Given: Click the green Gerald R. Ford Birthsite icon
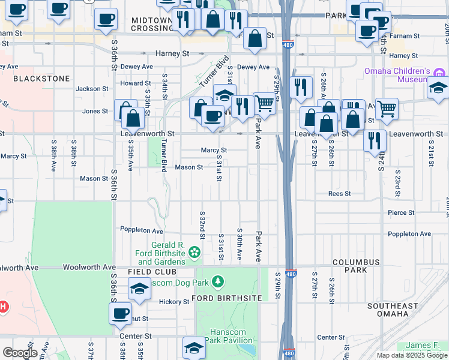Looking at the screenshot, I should [x=194, y=253].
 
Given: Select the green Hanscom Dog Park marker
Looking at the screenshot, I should [x=217, y=281].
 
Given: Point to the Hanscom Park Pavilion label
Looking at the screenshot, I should [x=231, y=336].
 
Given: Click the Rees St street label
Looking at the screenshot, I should [x=339, y=194].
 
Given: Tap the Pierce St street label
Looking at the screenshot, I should [x=401, y=212].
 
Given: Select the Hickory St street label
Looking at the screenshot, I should [x=174, y=301].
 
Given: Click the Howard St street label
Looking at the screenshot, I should [x=135, y=83].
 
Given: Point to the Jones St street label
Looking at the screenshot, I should [x=95, y=111].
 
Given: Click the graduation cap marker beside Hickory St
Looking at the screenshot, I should [x=139, y=290].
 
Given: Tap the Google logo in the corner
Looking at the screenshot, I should [x=19, y=353].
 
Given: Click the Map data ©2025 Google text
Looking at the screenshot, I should [x=411, y=355].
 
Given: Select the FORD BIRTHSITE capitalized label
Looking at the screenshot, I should [x=227, y=298].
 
